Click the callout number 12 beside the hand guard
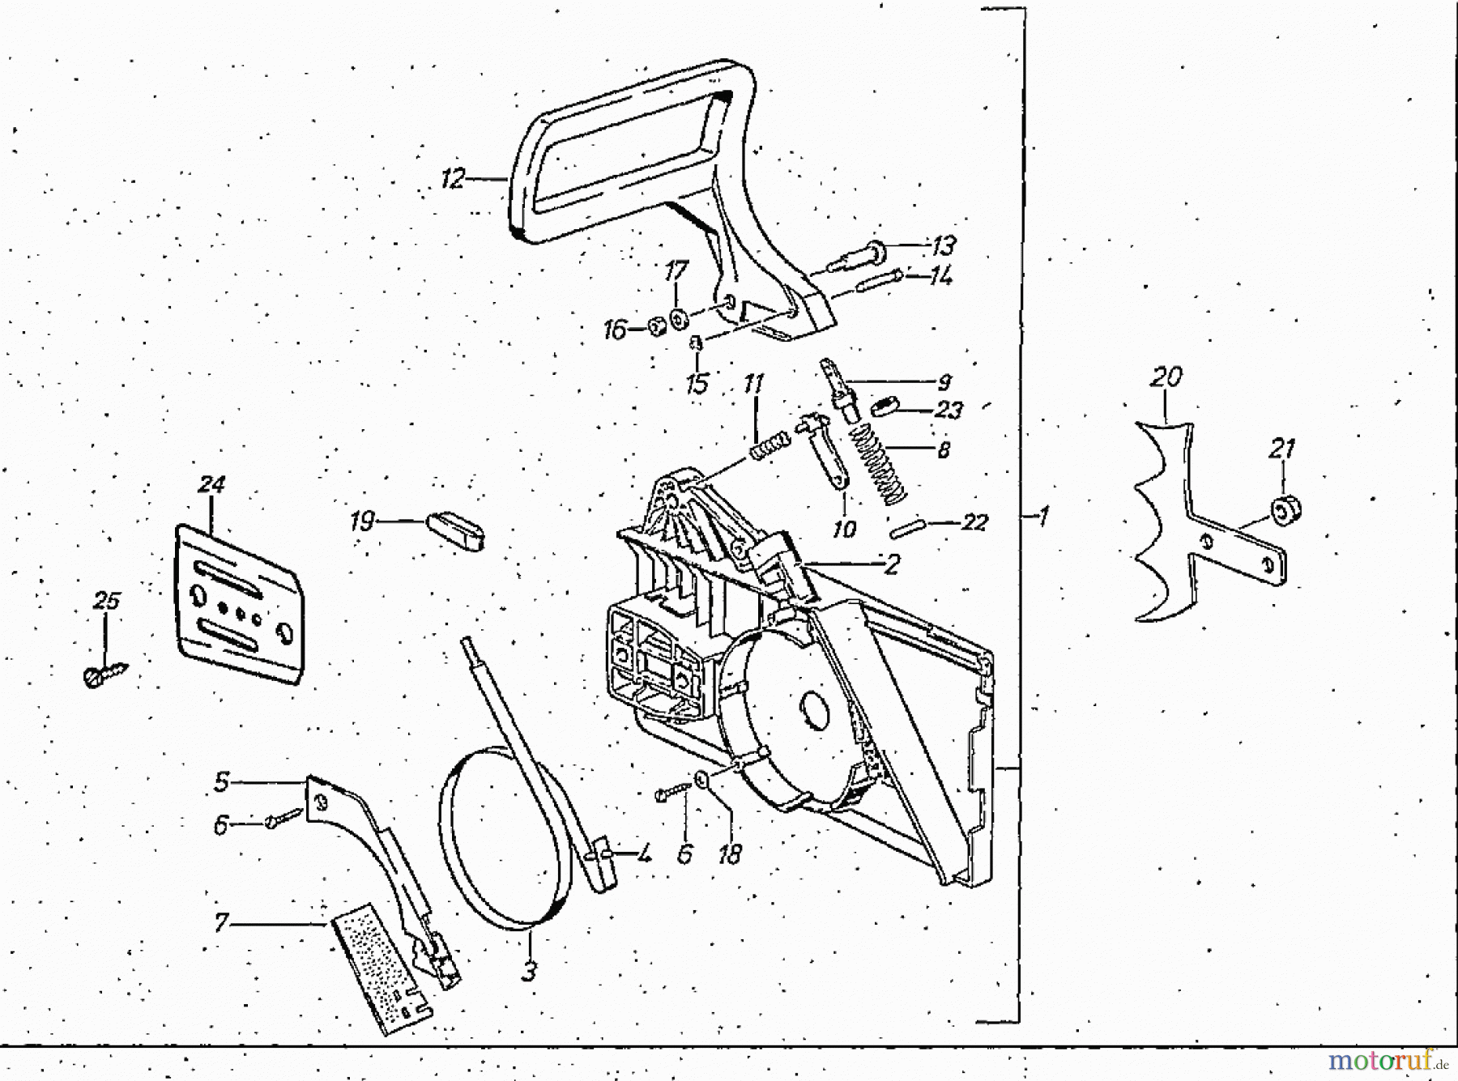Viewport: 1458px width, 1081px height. click(x=453, y=178)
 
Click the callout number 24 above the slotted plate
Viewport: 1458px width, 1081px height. click(x=211, y=485)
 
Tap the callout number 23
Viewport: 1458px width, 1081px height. click(x=949, y=410)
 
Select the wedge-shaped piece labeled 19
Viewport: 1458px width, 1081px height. click(x=455, y=530)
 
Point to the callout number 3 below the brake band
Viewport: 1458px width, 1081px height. click(x=529, y=971)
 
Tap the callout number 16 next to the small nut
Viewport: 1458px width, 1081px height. click(x=615, y=330)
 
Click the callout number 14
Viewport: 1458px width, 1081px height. click(x=940, y=277)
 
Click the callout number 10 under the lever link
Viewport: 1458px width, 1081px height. click(x=843, y=529)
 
